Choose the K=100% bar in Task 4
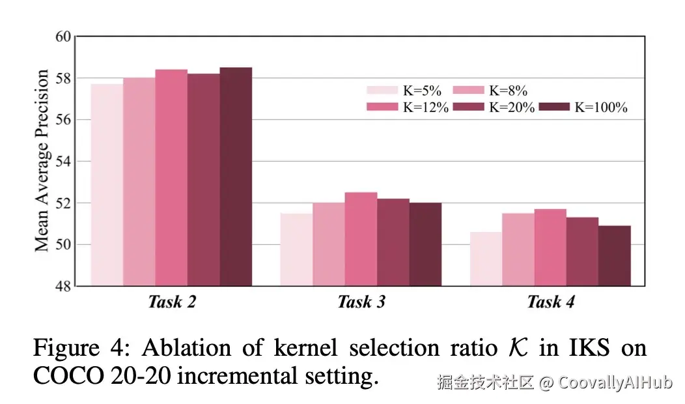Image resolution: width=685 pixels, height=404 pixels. coord(615,255)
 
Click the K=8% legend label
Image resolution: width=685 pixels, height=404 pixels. coord(509,91)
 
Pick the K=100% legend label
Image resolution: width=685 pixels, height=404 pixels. coord(600,108)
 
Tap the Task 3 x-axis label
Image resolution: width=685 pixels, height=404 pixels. coord(361,302)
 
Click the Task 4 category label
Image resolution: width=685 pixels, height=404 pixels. coord(551,302)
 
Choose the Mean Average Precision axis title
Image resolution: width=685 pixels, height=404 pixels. coord(42,160)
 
